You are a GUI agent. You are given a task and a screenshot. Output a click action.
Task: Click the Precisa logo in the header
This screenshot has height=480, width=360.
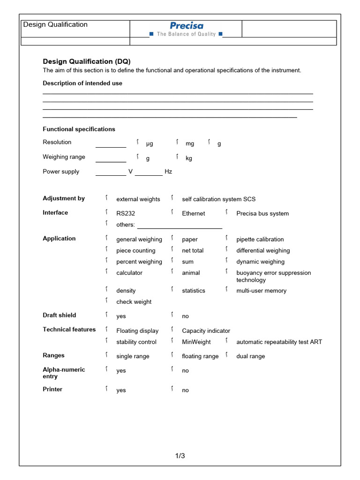186,26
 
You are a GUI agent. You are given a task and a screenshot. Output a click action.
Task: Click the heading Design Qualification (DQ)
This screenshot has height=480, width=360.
87,61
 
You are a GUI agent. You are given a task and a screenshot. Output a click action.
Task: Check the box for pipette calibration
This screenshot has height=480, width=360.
226,238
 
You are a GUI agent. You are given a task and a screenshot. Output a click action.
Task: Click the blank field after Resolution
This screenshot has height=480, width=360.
111,143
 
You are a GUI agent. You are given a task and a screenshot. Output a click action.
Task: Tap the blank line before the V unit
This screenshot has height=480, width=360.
111,172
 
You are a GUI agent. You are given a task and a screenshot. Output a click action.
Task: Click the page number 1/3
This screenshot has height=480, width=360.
180,456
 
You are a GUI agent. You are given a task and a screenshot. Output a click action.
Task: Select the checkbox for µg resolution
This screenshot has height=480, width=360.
138,142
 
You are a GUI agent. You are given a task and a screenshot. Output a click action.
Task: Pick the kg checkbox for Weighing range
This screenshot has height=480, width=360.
177,157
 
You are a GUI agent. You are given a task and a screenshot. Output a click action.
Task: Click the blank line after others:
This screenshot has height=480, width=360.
179,225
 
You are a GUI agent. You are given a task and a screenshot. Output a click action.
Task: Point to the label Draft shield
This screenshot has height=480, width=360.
59,315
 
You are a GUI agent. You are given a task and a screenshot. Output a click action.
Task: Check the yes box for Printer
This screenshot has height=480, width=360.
106,389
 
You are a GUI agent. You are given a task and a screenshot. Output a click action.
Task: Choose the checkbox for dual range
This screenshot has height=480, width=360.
226,355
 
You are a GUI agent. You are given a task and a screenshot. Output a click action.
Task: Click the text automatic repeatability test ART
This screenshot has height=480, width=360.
279,342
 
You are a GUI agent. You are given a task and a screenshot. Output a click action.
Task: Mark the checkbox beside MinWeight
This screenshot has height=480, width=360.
172,341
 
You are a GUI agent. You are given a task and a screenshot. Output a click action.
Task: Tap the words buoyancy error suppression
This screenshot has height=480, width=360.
273,273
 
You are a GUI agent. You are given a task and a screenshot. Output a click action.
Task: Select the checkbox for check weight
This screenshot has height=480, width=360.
106,300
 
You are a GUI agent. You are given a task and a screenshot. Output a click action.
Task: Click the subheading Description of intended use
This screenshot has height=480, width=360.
82,83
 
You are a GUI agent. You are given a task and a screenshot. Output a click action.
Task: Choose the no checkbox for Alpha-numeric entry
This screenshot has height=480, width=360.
172,369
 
